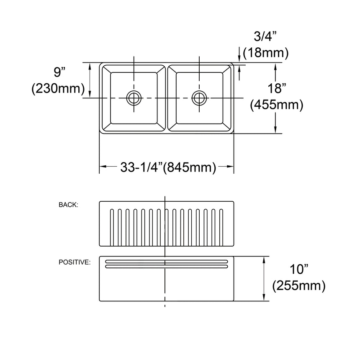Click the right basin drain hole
[199, 98]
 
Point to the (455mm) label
[276, 105]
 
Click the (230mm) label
[58, 88]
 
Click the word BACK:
[69, 205]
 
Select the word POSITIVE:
[75, 262]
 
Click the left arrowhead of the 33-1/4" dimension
[102, 167]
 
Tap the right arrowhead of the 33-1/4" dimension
[231, 167]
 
